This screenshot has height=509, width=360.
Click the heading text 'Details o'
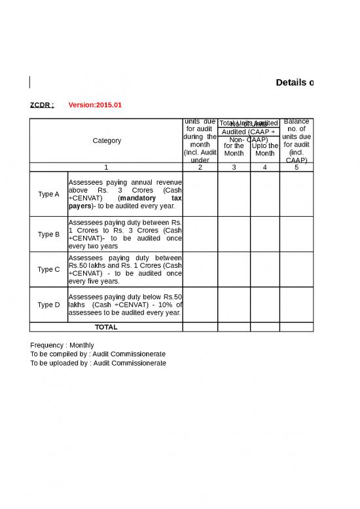click(295, 83)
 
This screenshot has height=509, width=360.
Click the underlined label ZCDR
click(42, 105)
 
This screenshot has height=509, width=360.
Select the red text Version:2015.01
click(95, 105)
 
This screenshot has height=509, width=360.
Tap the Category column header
click(107, 140)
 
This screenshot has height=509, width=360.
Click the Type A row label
click(48, 195)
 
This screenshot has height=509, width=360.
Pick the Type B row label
click(48, 234)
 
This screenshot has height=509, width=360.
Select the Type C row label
click(48, 269)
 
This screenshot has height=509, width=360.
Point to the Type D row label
click(48, 305)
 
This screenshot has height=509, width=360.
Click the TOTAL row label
click(106, 327)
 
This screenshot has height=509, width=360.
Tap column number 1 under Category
click(106, 167)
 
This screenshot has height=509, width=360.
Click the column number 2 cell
click(200, 167)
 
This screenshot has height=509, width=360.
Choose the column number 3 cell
click(234, 167)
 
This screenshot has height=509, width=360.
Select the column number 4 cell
click(265, 167)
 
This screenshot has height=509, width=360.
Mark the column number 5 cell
click(297, 167)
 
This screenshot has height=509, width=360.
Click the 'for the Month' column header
click(234, 149)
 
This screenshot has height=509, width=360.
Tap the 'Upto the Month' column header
click(265, 149)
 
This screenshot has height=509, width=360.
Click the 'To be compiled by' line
click(98, 354)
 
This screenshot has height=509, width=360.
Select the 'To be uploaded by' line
click(98, 363)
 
